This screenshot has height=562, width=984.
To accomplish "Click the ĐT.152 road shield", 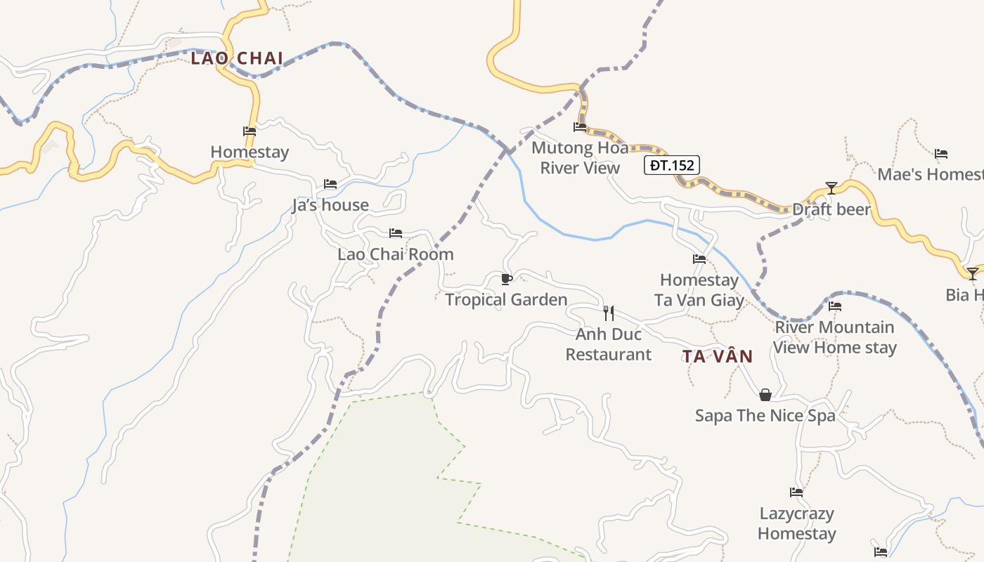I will click(671, 166).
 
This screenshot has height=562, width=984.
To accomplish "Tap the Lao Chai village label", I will click(237, 58).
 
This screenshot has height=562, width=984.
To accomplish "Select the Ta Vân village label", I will click(717, 356).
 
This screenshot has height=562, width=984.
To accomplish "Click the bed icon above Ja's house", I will click(330, 184).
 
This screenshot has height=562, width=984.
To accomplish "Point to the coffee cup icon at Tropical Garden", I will click(506, 279).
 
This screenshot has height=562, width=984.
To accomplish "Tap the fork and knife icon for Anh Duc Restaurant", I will click(609, 313).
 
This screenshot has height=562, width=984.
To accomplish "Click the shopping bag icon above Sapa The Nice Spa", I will click(765, 395).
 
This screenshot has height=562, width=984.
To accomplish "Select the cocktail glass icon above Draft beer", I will click(831, 188).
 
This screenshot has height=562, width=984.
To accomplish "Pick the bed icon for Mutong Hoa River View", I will click(580, 127).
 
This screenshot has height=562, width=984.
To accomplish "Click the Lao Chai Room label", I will click(396, 254).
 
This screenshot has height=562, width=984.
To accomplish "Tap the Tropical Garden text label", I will click(506, 300).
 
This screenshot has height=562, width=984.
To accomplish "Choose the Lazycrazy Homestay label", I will click(796, 523).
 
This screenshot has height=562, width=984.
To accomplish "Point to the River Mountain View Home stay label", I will click(835, 337).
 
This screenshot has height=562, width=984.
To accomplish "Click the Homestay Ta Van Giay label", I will click(699, 290).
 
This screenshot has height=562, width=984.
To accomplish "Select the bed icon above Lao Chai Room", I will click(396, 233).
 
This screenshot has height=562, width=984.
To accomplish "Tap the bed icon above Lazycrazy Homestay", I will click(796, 492).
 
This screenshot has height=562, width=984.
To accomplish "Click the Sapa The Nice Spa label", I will click(765, 416).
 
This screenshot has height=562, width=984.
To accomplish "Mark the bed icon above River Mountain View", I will click(835, 306).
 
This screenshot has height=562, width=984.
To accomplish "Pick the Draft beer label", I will click(831, 209).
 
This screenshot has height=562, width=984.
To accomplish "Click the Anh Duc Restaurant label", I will click(609, 344).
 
